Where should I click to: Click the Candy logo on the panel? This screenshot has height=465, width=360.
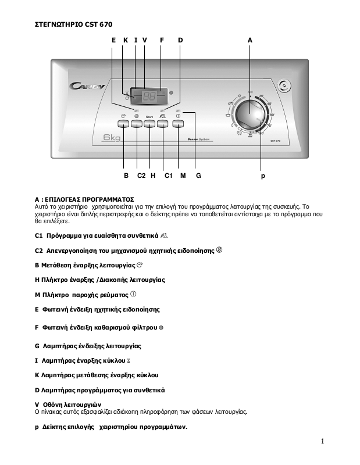(87, 86)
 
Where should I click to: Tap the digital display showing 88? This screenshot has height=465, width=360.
(149, 95)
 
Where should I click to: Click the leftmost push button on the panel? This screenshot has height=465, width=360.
(123, 123)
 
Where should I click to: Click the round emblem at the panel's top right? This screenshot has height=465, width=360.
(283, 86)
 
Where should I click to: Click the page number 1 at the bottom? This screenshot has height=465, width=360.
(322, 442)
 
